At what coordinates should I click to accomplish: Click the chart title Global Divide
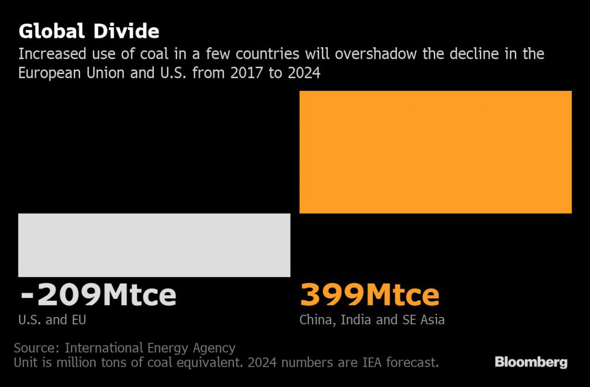89,30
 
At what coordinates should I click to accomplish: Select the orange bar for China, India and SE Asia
435,152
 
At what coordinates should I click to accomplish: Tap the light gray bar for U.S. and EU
154,245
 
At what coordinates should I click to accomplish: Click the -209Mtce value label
98,295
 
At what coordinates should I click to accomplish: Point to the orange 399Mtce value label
369,295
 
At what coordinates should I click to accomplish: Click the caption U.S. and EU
52,320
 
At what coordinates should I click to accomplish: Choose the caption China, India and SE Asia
372,320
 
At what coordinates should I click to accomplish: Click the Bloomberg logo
531,362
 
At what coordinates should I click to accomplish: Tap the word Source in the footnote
35,348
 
